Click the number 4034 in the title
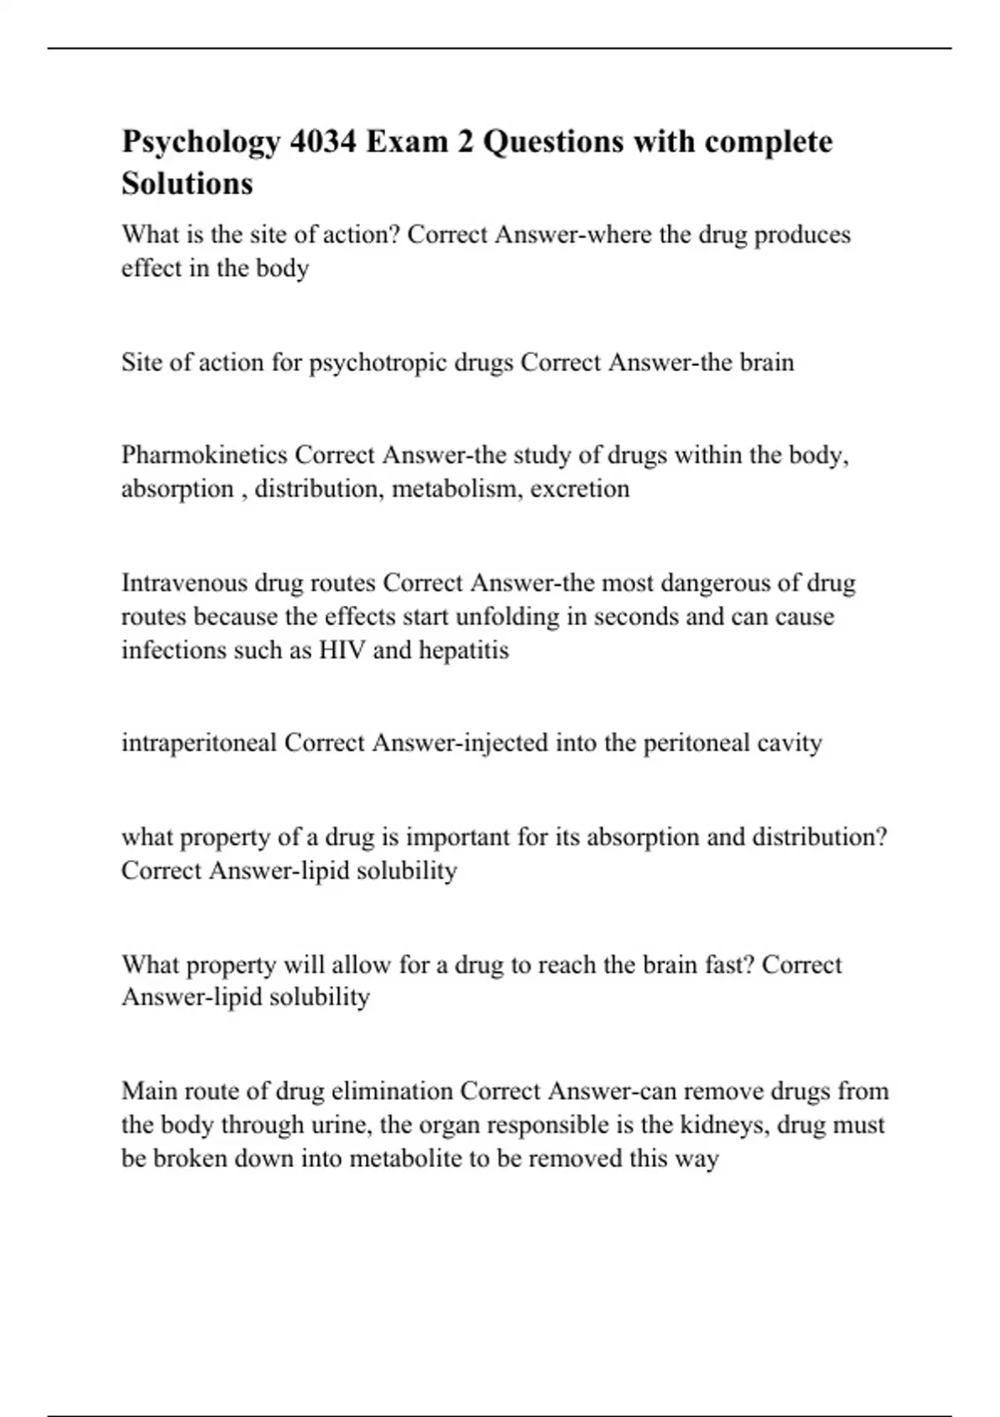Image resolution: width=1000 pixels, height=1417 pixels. (323, 142)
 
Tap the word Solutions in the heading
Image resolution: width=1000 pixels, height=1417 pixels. (187, 183)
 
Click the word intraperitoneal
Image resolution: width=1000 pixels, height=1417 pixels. (199, 743)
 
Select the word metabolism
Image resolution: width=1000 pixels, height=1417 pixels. (456, 488)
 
